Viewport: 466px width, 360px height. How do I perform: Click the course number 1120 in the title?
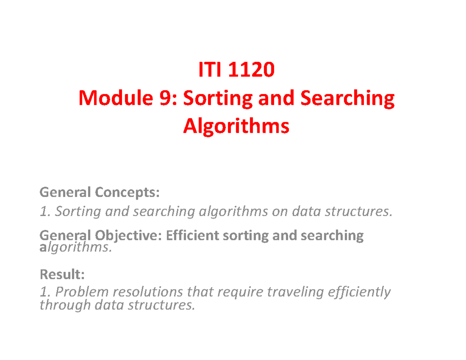[x=253, y=71]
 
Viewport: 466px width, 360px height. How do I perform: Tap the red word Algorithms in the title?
[x=236, y=126]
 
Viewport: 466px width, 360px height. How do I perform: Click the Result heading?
[x=62, y=275]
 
